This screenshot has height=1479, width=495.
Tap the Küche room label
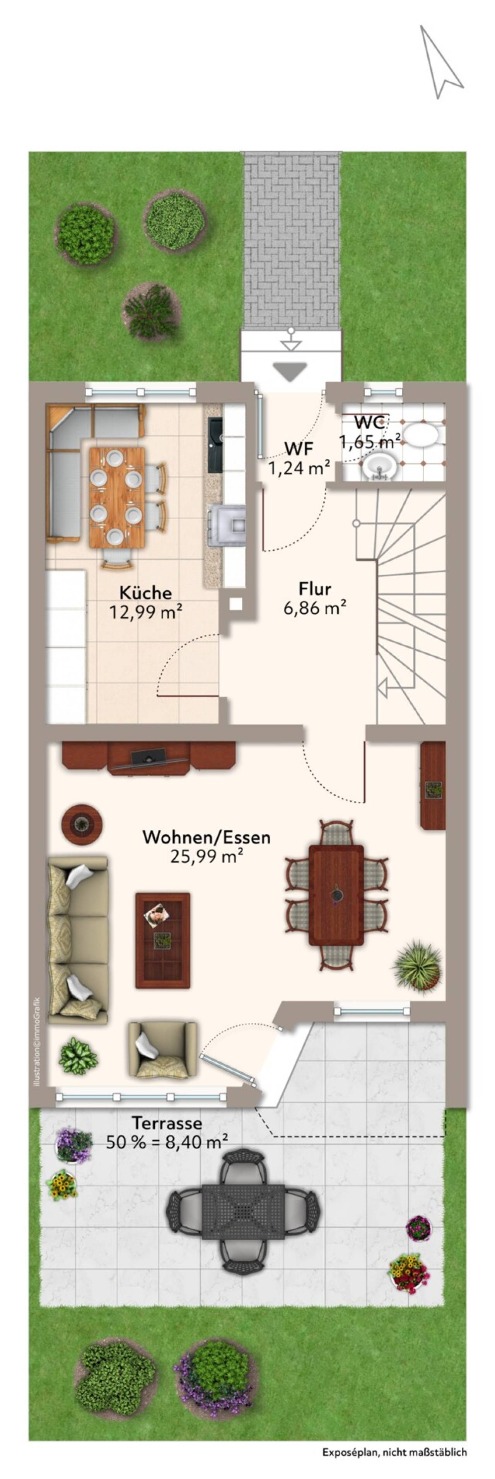coord(146,592)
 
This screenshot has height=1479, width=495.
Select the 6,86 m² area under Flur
coord(314,608)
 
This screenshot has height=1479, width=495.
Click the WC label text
coord(369,423)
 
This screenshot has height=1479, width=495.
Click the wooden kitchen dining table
coord(117,497)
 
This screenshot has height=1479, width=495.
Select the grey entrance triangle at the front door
coord(290,370)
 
